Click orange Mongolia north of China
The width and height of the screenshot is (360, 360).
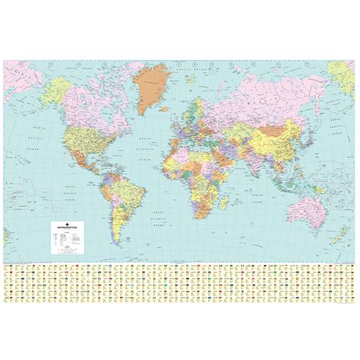click(x=278, y=122)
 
